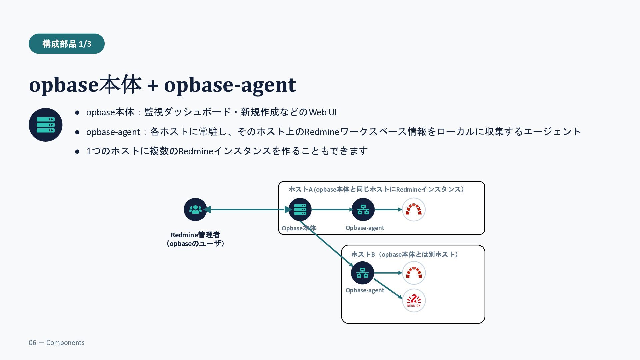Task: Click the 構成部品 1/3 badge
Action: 67,44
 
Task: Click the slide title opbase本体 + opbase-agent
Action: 162,84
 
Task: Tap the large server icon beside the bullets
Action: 46,125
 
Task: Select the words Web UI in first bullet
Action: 323,112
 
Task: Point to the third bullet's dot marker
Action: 77,152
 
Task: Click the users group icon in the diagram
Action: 195,210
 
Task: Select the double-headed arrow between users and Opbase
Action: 248,210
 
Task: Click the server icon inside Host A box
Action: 300,210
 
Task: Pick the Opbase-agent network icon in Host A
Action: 363,210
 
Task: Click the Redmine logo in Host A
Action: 414,210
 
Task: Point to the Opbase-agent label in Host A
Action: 365,228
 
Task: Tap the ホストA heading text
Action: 376,189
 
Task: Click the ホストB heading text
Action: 405,255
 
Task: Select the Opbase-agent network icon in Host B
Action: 363,273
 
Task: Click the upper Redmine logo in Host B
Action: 414,273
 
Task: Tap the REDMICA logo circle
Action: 414,301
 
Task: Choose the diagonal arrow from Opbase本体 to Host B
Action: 326,244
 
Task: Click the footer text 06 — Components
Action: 57,343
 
